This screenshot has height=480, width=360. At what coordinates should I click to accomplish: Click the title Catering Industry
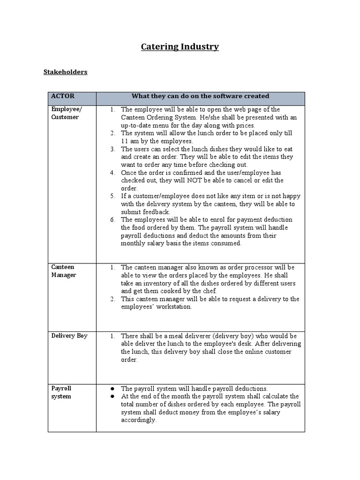(x=180, y=46)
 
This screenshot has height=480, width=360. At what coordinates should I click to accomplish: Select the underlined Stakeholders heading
(x=65, y=72)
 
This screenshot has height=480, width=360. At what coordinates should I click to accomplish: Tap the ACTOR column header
(x=63, y=96)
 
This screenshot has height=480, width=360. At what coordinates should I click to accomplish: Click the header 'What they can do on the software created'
(x=200, y=96)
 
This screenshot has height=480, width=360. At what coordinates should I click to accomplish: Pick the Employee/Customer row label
(x=65, y=113)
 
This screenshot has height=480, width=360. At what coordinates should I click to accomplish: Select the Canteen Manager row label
(x=64, y=271)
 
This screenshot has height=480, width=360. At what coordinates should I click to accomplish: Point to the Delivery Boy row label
(x=69, y=336)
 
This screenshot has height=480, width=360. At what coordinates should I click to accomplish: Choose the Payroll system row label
(x=61, y=392)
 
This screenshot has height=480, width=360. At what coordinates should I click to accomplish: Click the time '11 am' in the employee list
(x=131, y=141)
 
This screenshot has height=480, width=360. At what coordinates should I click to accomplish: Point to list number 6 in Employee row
(x=112, y=220)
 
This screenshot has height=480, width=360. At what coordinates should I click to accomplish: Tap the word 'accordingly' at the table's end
(x=138, y=420)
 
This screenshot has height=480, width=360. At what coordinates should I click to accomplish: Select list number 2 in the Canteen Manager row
(x=112, y=299)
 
